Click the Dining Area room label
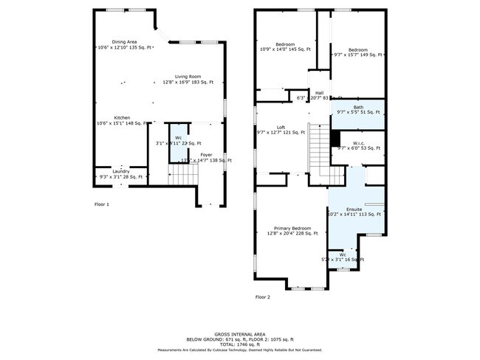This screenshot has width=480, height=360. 124,42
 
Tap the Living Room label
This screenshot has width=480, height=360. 188,77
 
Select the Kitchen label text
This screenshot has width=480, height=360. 122,118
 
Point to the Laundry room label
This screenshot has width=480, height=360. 121,172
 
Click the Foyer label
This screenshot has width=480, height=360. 207,155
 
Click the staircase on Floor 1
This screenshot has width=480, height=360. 185,175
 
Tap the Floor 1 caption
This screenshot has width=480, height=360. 102,204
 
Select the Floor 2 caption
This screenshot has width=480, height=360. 263,297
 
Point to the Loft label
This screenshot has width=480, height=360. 281,127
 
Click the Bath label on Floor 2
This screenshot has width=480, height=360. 357,108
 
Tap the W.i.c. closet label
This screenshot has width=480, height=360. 357,144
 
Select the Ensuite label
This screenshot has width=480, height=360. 354,210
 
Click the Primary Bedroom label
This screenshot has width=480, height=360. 292,229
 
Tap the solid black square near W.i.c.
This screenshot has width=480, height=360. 335,138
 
